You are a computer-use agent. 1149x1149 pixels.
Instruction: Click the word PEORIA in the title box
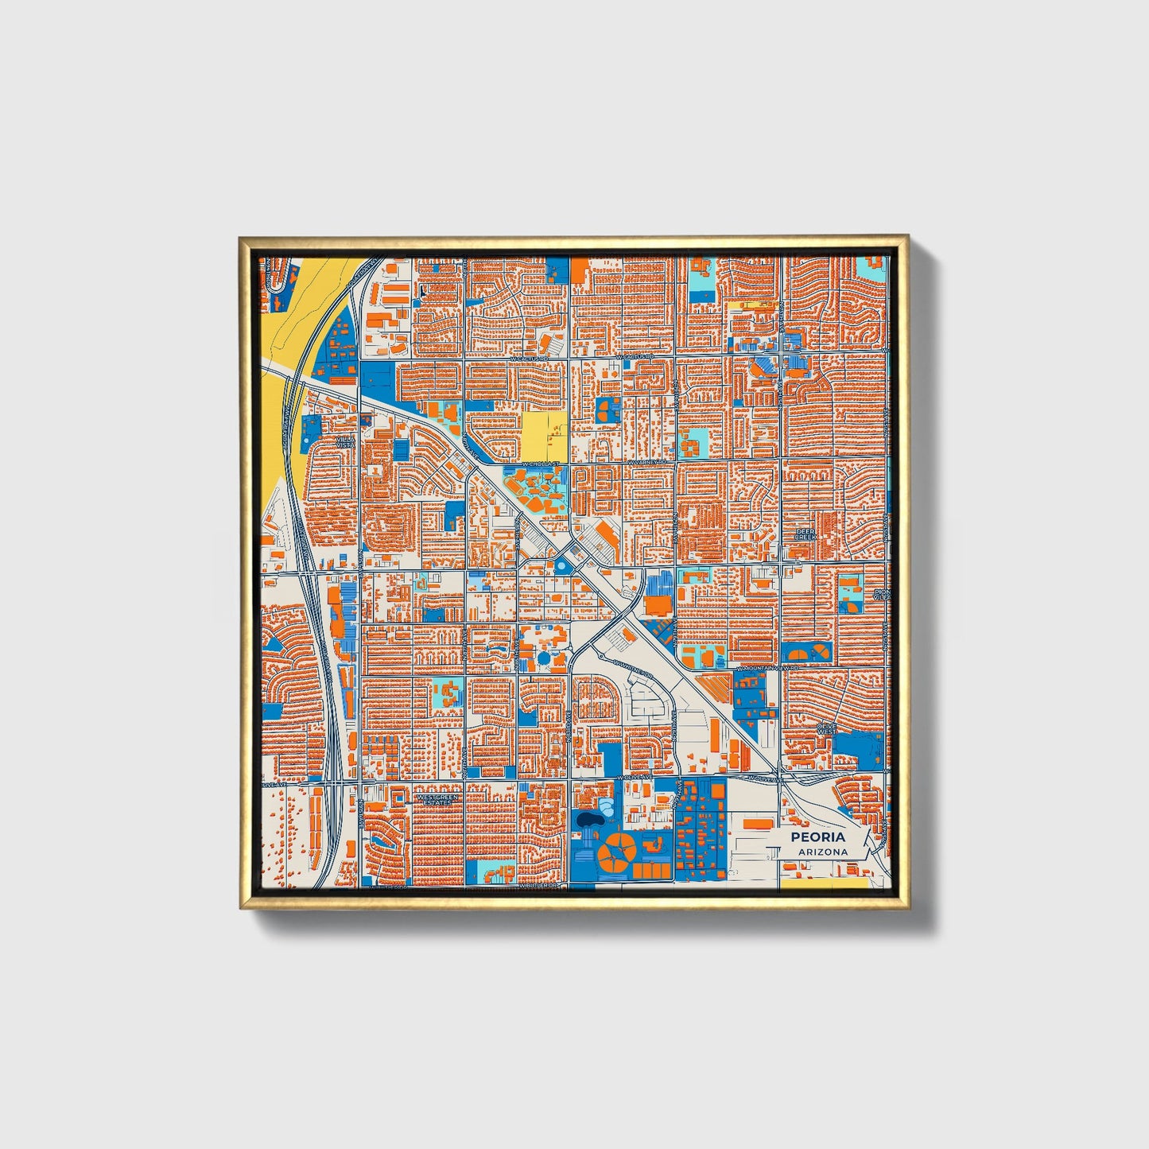coord(817,837)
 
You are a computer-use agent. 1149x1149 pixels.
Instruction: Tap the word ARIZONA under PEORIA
coord(817,852)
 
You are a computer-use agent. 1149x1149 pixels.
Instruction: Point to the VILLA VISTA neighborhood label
coord(345,442)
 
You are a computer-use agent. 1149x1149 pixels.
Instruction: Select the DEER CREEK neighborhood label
coord(805,534)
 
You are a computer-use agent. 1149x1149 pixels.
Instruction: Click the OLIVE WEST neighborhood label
coord(826,728)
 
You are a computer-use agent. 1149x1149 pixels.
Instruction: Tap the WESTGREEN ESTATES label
coord(437,798)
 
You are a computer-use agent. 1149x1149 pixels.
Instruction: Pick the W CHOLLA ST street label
coord(541,462)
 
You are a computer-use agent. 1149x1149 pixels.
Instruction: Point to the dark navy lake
coord(589,819)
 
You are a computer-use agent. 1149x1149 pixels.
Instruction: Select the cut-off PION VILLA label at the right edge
coord(881,595)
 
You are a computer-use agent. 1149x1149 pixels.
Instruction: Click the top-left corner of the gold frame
coord(240,237)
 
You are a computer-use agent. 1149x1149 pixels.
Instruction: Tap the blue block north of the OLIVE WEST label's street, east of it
coord(859,747)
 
